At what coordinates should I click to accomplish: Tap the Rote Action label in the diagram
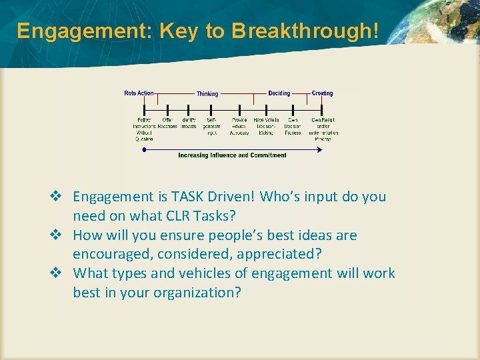coord(139,93)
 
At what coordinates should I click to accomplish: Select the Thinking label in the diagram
coord(207,94)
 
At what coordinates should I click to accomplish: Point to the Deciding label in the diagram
coord(279,93)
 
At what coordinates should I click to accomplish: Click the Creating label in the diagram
coord(322,93)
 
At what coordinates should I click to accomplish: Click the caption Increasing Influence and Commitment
coord(232,155)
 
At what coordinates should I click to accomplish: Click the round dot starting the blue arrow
coord(144,149)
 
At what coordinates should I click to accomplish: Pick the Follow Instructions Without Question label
coord(144,129)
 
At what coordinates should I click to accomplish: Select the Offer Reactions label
coord(167,123)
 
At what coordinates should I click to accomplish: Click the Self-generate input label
coord(212,127)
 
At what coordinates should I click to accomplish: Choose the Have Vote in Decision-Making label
coord(266,127)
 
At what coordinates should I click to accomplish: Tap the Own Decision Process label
coord(293,127)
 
